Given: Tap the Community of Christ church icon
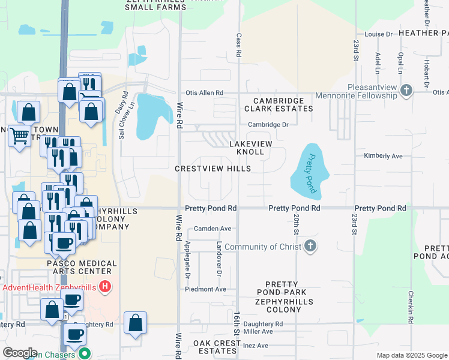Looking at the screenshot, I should [x=310, y=247].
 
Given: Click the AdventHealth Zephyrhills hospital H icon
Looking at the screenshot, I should [x=106, y=287].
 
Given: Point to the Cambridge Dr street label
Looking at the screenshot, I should [x=269, y=125].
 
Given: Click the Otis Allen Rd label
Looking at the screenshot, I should [x=204, y=93].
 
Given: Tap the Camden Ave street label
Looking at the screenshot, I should [x=212, y=229].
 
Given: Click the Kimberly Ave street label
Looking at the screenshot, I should [x=383, y=155].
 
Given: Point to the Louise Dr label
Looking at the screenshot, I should [x=378, y=35].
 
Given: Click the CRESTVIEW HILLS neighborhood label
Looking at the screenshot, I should [x=212, y=169].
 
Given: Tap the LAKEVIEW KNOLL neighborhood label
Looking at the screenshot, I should [x=251, y=148].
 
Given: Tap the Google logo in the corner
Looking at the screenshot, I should [x=20, y=353].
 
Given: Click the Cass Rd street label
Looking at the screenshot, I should [x=238, y=45].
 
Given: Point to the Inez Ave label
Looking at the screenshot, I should [x=256, y=346].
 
